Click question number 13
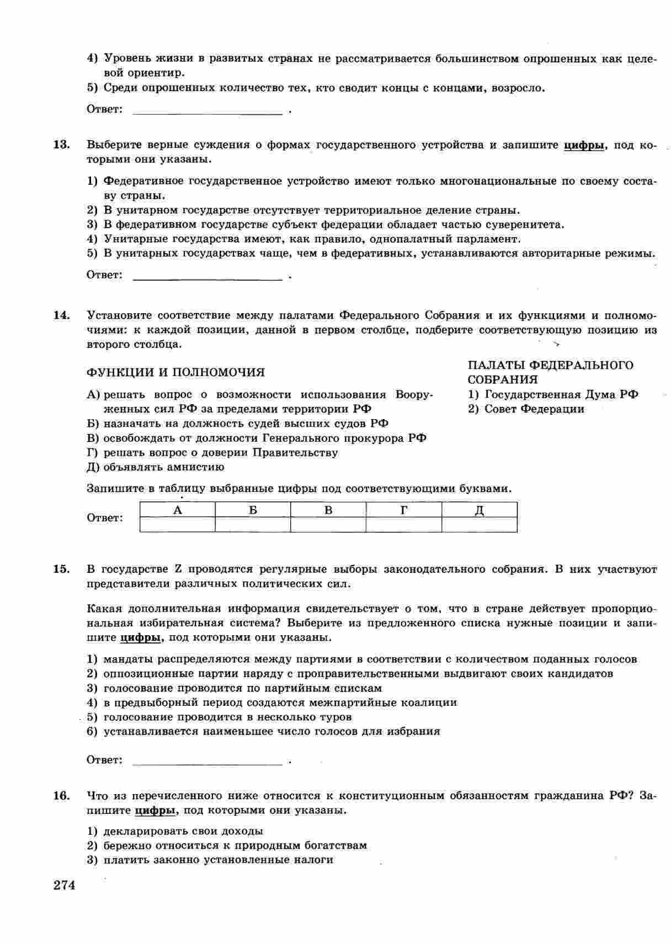click(x=61, y=145)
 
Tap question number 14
click(x=61, y=315)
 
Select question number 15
click(x=61, y=569)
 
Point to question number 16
click(x=61, y=796)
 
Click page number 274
click(x=64, y=886)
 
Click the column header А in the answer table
click(x=178, y=510)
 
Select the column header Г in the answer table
click(x=404, y=510)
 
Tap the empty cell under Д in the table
click(x=480, y=524)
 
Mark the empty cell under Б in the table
click(x=253, y=524)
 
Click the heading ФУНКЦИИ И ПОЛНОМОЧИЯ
click(x=175, y=373)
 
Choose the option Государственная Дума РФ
click(x=561, y=395)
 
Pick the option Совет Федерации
click(x=534, y=409)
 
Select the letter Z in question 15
click(x=178, y=569)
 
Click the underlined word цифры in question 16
click(x=155, y=811)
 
